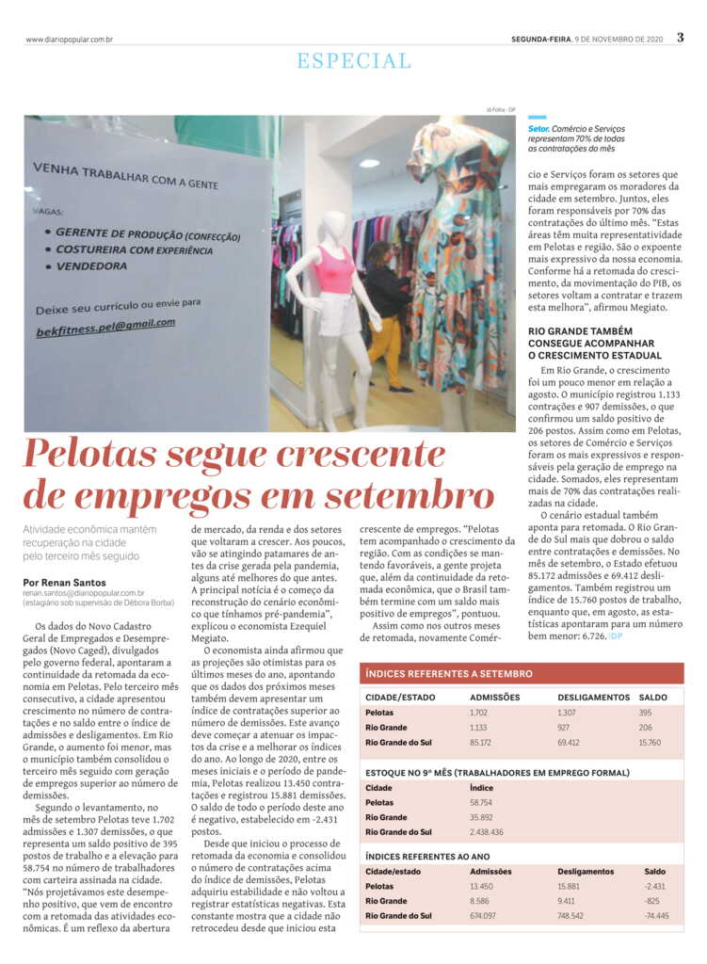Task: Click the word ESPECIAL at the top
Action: click(x=354, y=61)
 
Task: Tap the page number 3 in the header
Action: click(x=680, y=38)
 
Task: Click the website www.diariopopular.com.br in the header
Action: click(x=70, y=39)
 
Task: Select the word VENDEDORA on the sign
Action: click(x=91, y=266)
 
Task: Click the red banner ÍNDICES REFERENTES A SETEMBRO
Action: click(x=448, y=674)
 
